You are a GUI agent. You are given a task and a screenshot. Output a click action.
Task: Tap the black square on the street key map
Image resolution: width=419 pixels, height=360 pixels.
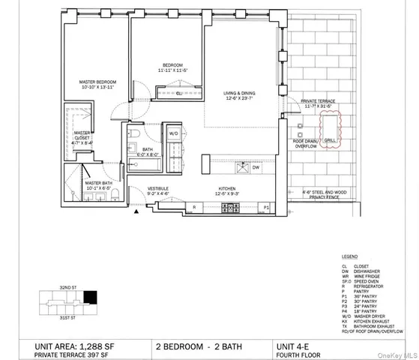[x=91, y=298]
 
